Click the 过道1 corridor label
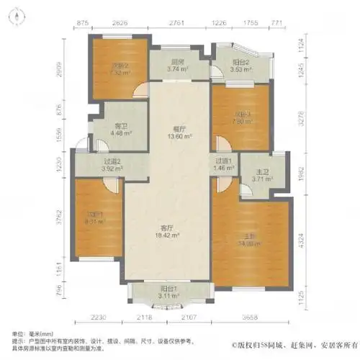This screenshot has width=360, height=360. (x=223, y=161)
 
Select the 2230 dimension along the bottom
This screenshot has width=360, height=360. (x=101, y=318)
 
